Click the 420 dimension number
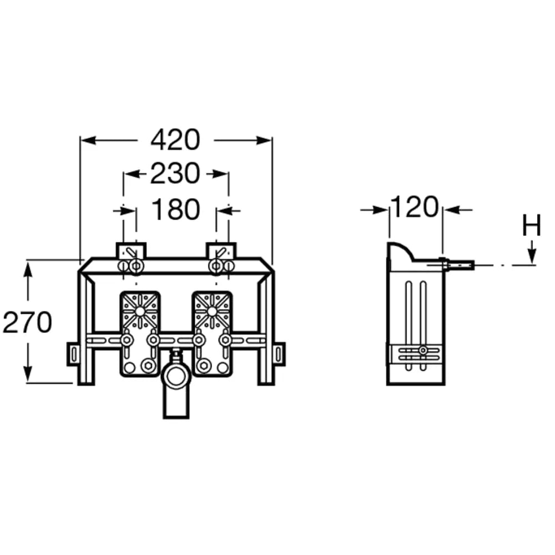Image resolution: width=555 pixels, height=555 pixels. [x=175, y=140]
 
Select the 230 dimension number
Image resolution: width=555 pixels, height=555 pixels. [x=175, y=173]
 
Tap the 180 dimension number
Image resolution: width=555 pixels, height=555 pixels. [x=175, y=209]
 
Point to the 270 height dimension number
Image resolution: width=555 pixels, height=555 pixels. [x=27, y=322]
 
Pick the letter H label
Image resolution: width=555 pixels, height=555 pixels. [x=532, y=225]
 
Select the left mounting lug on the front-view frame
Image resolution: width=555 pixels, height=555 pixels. [x=73, y=354]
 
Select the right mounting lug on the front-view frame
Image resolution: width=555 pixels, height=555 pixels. [x=279, y=354]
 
